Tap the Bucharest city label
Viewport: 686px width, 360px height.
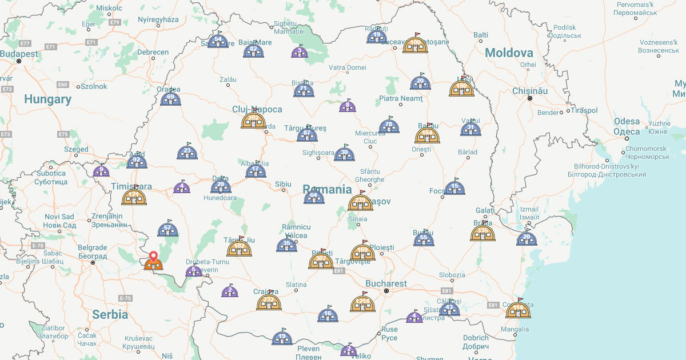386,283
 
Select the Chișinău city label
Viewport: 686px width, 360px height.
530,91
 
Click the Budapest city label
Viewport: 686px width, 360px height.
19,54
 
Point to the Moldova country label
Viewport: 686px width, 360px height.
509,53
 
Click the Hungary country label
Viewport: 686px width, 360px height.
47,99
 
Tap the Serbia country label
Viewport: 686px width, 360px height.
110,314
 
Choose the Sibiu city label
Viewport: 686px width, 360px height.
283,184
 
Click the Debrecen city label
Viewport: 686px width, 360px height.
153,52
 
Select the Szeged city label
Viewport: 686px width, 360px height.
76,149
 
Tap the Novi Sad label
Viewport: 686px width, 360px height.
59,217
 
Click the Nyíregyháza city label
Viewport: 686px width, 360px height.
158,19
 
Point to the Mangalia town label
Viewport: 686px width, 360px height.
514,329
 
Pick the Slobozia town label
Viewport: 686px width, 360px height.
452,275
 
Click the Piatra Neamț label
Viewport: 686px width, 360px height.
401,98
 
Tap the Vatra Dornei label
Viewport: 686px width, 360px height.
347,67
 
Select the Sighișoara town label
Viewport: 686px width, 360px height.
318,153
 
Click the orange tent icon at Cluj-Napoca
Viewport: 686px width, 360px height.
253,120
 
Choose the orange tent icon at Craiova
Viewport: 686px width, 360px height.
268,301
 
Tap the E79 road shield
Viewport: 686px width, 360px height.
115,22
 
